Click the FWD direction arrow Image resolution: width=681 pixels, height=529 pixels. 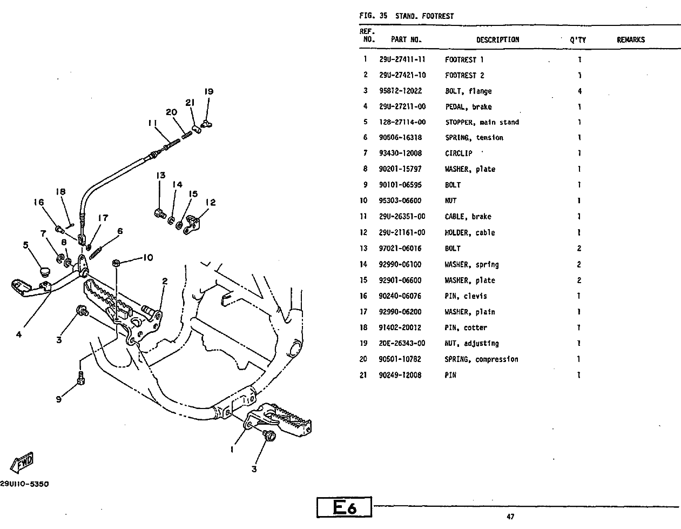click(22, 462)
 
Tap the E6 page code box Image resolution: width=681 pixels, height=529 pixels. click(344, 507)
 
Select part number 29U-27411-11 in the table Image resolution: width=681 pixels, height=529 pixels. click(402, 59)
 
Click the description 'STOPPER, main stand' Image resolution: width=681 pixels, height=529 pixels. click(482, 122)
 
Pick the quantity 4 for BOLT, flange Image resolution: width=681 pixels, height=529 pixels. click(579, 91)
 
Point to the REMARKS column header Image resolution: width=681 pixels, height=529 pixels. click(631, 40)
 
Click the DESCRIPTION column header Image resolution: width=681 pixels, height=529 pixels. click(498, 40)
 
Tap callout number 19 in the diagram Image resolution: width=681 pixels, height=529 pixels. click(208, 91)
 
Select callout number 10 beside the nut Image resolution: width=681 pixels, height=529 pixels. click(148, 257)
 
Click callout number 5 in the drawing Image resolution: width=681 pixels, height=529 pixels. click(26, 245)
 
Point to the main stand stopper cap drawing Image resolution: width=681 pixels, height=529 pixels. click(45, 272)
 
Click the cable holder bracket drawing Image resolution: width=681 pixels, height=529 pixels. click(192, 225)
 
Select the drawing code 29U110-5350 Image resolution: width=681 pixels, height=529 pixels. click(24, 484)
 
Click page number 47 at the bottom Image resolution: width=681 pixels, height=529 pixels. click(510, 516)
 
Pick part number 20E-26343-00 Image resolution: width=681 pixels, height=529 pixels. click(402, 343)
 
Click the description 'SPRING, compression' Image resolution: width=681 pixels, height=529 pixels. click(481, 359)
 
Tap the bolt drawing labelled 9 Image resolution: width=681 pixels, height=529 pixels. click(81, 378)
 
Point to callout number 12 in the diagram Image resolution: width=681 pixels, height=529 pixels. click(211, 203)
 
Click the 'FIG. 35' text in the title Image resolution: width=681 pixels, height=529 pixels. click(373, 16)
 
